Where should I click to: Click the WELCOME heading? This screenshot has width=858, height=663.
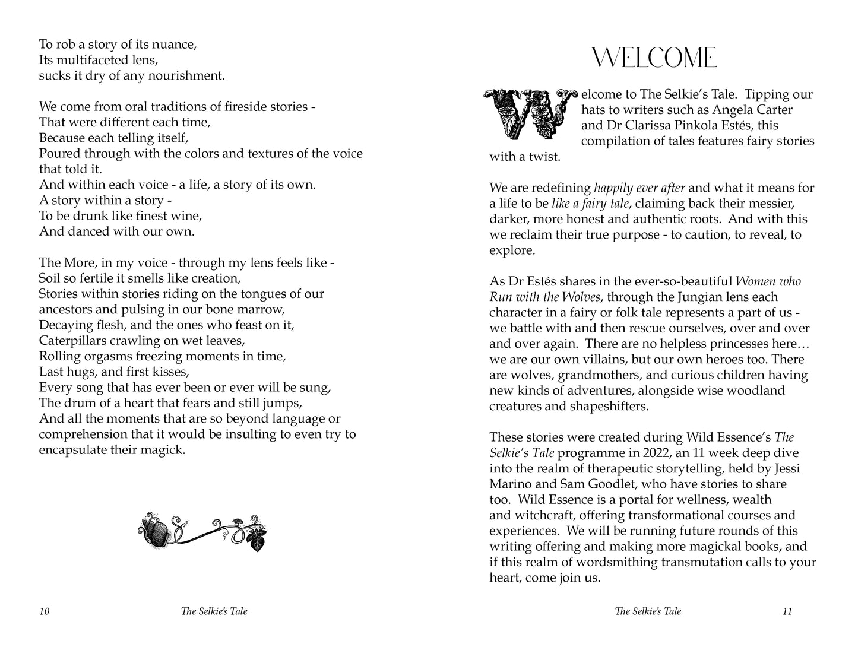[x=655, y=58]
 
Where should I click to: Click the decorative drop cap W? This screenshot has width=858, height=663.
[x=530, y=114]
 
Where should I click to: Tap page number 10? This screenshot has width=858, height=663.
[x=45, y=611]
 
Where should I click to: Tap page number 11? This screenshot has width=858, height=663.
[x=787, y=611]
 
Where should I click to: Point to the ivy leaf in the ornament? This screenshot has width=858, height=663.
[x=257, y=540]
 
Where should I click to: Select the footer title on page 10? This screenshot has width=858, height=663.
[x=214, y=611]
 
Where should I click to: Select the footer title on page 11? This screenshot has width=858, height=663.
[x=648, y=611]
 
